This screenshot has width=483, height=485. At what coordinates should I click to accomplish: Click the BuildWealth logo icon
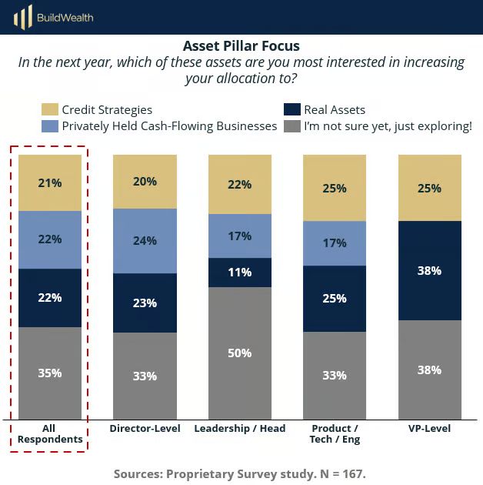click(24, 16)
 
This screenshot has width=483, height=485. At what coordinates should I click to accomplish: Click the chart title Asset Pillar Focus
click(241, 46)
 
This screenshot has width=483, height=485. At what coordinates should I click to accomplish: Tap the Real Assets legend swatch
click(291, 110)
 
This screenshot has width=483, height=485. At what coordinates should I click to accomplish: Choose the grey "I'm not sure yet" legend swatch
click(291, 125)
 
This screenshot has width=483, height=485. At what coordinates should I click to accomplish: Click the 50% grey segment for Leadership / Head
click(240, 353)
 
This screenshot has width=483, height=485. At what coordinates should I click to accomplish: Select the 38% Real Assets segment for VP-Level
click(429, 270)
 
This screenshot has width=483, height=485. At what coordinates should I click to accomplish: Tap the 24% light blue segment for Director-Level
click(145, 240)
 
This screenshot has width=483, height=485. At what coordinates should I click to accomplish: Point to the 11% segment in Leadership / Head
click(240, 273)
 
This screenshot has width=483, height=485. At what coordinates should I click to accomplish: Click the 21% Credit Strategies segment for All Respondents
click(50, 182)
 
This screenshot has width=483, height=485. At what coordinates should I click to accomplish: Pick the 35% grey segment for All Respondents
click(50, 373)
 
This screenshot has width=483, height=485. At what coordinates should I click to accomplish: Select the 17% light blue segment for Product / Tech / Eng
click(335, 243)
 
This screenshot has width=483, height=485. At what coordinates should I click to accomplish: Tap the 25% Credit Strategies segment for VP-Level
click(429, 188)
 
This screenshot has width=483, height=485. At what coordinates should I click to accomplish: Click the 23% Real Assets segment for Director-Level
click(145, 303)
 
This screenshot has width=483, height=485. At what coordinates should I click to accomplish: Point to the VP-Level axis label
click(429, 428)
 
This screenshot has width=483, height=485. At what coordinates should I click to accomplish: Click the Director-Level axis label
click(145, 428)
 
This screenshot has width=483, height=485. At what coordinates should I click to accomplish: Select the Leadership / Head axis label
click(240, 428)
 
